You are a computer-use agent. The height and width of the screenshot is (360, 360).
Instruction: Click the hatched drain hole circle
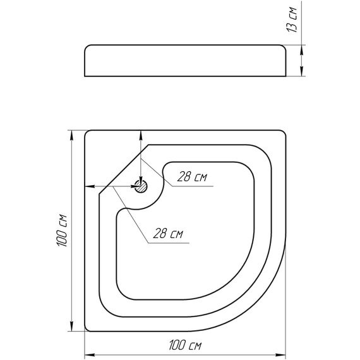tap(141, 186)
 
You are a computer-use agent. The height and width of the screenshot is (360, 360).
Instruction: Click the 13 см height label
tap(292, 20)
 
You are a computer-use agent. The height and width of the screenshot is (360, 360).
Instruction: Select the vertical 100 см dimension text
tap(62, 231)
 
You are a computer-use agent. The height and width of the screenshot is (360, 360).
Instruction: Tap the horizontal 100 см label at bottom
tap(185, 345)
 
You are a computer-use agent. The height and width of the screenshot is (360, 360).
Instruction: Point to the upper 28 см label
tap(192, 177)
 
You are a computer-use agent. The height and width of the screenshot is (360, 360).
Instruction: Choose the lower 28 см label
tap(168, 234)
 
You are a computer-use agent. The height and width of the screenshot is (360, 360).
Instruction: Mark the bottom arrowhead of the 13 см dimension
tap(302, 71)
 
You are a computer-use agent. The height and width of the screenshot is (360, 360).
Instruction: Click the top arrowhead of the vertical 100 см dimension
tap(71, 135)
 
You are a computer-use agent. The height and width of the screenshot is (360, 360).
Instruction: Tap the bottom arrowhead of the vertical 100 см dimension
tap(71, 327)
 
